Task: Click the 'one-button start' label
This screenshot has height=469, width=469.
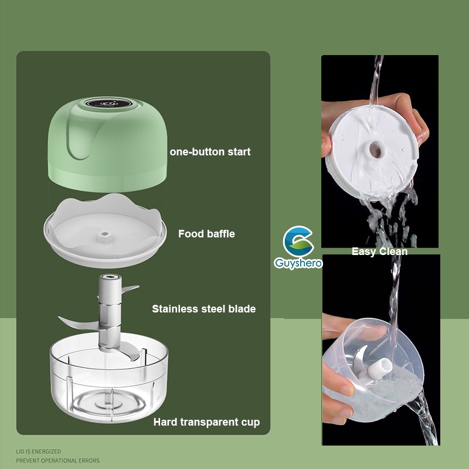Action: point(210,152)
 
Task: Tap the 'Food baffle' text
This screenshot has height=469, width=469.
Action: point(206,234)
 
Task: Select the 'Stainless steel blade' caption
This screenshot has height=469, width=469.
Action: point(203,308)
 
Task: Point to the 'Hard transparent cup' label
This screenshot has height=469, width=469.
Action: point(206,422)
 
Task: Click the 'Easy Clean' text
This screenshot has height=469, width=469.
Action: point(379,252)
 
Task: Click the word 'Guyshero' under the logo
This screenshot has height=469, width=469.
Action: point(298,264)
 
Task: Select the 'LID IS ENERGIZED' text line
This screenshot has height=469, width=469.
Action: point(38,451)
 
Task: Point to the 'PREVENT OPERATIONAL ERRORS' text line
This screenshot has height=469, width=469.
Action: point(57,461)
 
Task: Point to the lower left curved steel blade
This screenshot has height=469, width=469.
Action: point(73,321)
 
